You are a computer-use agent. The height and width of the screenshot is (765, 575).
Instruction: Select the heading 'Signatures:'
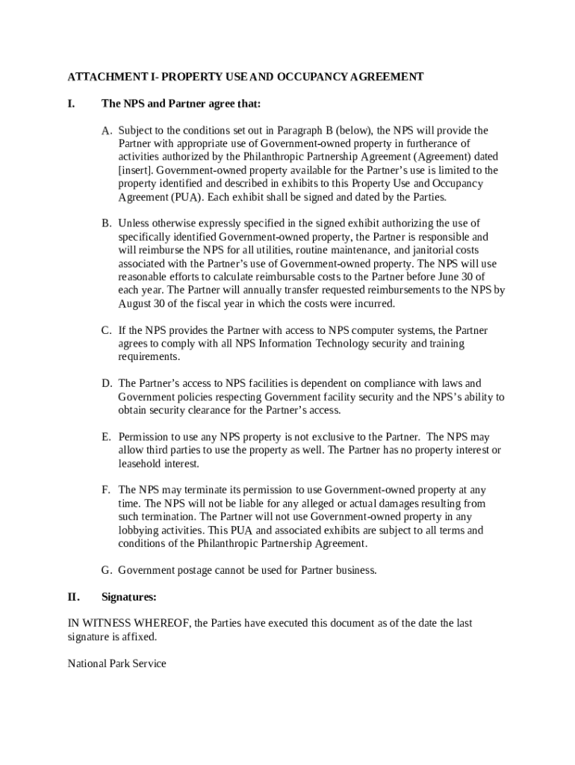[x=129, y=597]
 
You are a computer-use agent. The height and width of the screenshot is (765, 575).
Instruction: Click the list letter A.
[x=108, y=130]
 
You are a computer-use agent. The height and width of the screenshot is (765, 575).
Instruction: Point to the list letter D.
[x=108, y=383]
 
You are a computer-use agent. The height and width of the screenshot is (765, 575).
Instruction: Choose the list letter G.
[x=108, y=570]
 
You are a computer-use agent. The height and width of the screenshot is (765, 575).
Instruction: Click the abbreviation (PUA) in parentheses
[x=186, y=197]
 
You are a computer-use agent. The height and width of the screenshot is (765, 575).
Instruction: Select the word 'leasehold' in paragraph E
[x=140, y=463]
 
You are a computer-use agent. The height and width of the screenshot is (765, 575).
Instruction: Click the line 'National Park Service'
[x=116, y=663]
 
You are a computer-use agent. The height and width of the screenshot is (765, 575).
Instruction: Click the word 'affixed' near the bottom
[x=140, y=637]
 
